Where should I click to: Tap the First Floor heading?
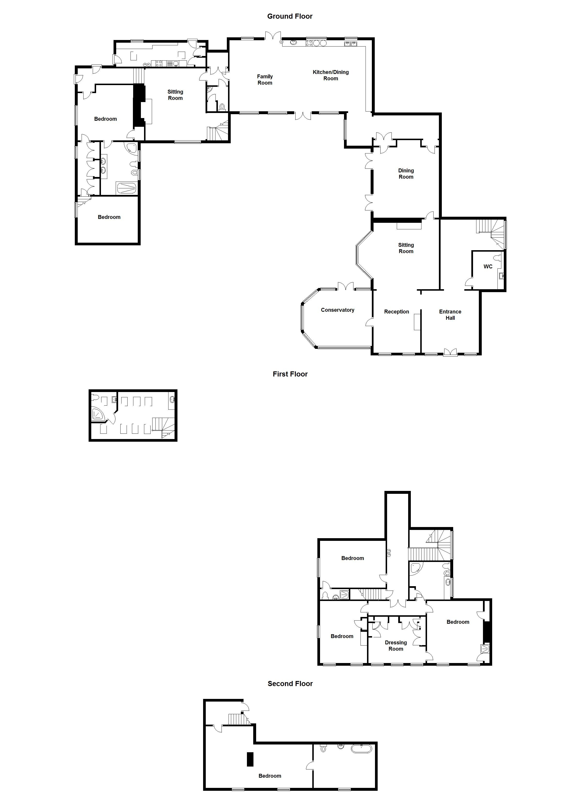point(290,374)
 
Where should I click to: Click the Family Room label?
point(265,80)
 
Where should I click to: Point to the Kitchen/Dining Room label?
point(330,75)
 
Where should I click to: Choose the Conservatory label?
point(337,310)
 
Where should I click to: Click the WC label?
point(488,267)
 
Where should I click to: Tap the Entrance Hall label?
point(450,315)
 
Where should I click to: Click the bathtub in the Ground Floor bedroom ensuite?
point(126,188)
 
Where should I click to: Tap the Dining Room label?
point(406,174)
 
